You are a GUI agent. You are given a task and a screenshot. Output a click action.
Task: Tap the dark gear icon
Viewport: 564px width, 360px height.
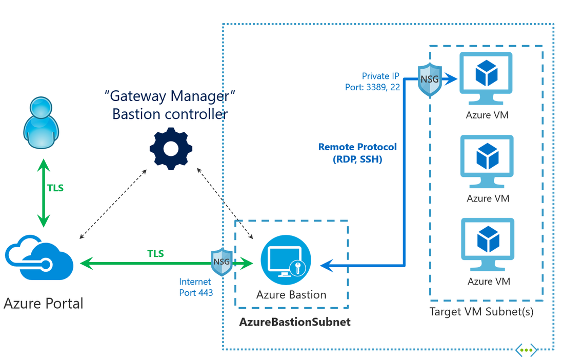pyautogui.click(x=171, y=149)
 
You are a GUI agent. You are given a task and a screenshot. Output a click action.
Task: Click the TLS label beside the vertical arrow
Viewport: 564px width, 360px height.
pyautogui.click(x=55, y=188)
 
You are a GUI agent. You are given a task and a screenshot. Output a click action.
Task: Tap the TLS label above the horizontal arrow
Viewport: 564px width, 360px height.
pyautogui.click(x=156, y=254)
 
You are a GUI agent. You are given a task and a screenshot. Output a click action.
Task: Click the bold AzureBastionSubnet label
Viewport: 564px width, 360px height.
pyautogui.click(x=295, y=323)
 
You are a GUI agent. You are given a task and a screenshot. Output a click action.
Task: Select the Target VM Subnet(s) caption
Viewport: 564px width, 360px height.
pyautogui.click(x=481, y=312)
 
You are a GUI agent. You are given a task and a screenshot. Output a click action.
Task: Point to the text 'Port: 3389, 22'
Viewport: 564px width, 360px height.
pyautogui.click(x=373, y=87)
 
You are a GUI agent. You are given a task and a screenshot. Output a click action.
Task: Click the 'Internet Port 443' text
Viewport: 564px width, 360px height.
pyautogui.click(x=195, y=287)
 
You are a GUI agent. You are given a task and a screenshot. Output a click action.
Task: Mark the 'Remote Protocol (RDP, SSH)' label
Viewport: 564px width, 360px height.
pyautogui.click(x=357, y=153)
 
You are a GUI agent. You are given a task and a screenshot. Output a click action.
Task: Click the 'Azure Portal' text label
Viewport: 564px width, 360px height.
pyautogui.click(x=44, y=304)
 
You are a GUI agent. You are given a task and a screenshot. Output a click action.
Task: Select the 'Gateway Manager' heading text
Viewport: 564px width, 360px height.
pyautogui.click(x=170, y=96)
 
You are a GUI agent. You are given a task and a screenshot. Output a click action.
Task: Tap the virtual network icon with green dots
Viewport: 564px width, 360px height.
pyautogui.click(x=527, y=351)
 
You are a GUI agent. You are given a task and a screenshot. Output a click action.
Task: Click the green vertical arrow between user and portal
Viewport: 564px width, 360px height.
pyautogui.click(x=44, y=193)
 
